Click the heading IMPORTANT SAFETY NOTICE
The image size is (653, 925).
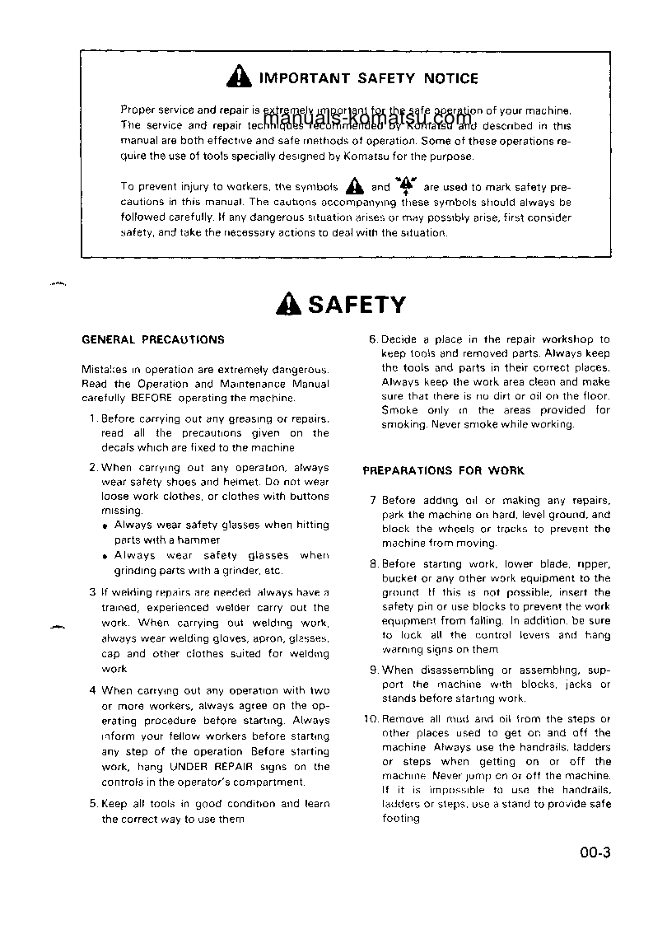[x=368, y=79]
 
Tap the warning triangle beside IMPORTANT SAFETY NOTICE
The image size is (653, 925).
[x=239, y=78]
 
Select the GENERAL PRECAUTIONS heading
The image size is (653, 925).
[x=153, y=339]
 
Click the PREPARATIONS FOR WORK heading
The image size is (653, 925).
[x=443, y=471]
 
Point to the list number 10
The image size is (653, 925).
[x=370, y=718]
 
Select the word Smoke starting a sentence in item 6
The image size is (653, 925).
[x=399, y=410]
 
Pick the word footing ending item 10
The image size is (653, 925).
[x=400, y=818]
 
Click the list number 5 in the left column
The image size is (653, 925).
[x=93, y=803]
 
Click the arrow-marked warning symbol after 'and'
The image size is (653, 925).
[x=405, y=185]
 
